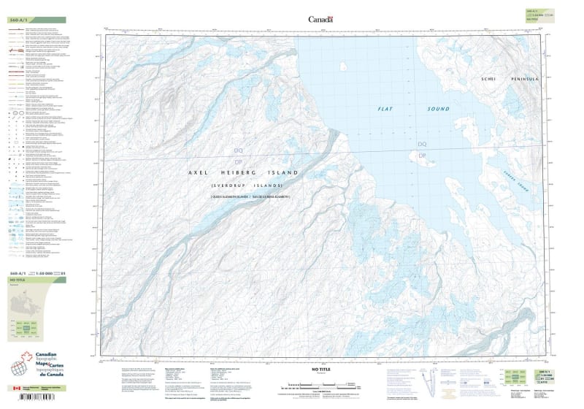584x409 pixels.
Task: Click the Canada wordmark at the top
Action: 320,20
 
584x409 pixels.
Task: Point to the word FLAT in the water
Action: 385,109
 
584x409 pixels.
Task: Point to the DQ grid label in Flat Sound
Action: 421,145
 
